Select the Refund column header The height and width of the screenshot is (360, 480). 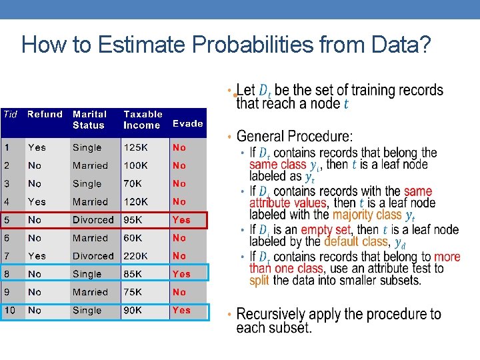(x=45, y=115)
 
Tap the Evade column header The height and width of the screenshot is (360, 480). (x=187, y=123)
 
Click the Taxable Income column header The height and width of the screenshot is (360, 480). (x=143, y=119)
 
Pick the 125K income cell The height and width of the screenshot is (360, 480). (x=137, y=147)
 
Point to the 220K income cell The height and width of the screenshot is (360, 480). (x=137, y=256)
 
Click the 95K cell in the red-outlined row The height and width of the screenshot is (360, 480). (x=134, y=220)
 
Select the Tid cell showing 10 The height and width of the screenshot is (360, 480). (x=10, y=310)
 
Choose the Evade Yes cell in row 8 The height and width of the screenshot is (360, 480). (x=181, y=274)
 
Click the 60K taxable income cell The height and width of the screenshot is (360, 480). (x=134, y=238)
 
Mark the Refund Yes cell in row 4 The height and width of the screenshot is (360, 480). (x=37, y=201)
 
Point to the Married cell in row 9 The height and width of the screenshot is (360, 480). (x=90, y=292)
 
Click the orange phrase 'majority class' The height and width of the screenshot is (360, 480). (x=367, y=215)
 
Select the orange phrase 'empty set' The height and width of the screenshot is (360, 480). (x=325, y=230)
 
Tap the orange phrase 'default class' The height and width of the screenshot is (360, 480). (x=356, y=241)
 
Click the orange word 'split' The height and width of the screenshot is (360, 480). (x=259, y=280)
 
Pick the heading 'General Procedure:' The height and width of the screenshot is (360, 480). (x=295, y=137)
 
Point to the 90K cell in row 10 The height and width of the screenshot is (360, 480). (x=134, y=310)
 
